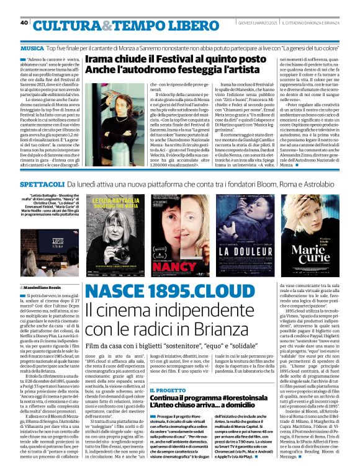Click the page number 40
tap(24, 23)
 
